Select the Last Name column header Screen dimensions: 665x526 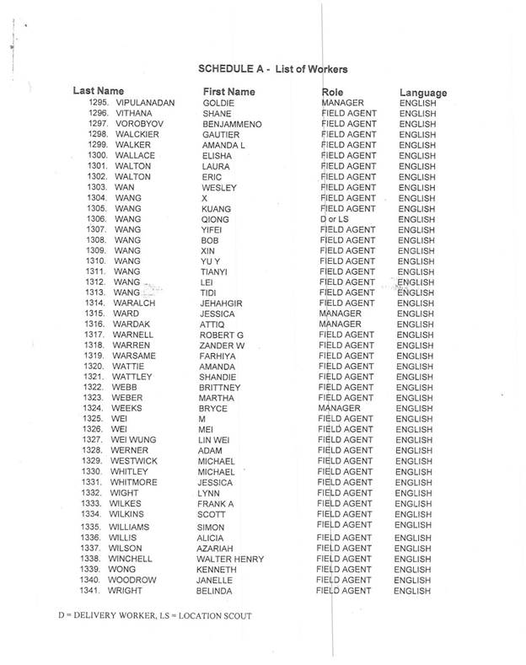pos(99,90)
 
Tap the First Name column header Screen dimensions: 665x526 pos(229,91)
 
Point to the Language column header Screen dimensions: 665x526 pos(423,92)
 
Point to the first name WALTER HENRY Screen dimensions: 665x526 pos(229,559)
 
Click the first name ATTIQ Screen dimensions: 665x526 pos(207,324)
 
